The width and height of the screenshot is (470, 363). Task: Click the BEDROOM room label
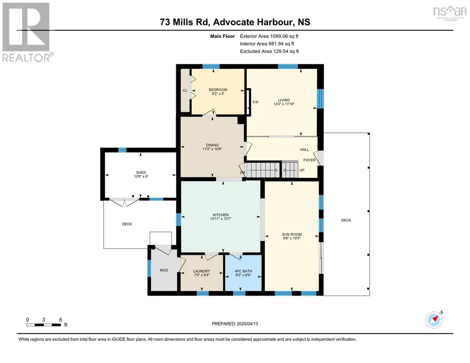(x=218, y=89)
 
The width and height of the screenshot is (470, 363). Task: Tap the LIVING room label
(x=284, y=100)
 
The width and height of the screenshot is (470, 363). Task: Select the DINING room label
(x=212, y=145)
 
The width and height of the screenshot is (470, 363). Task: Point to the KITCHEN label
(x=221, y=215)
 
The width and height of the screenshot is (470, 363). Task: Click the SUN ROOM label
(x=292, y=234)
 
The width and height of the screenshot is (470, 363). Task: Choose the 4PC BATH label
(x=243, y=271)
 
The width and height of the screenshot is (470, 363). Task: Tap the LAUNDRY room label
(x=201, y=271)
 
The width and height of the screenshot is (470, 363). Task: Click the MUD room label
(x=164, y=270)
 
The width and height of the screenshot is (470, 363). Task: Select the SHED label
(x=141, y=172)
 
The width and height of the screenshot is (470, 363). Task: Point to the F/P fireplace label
(x=255, y=102)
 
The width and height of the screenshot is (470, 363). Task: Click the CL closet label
(x=185, y=90)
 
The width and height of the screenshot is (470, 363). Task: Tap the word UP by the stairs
(x=302, y=170)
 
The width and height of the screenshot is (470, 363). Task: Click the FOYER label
(x=310, y=160)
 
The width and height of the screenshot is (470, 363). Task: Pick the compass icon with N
(x=434, y=319)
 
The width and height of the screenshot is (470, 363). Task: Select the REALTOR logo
(x=28, y=32)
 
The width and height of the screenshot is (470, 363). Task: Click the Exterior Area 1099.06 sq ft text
(x=269, y=36)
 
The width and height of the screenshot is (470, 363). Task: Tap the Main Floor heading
(x=222, y=36)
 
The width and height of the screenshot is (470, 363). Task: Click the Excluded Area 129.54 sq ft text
(x=270, y=51)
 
